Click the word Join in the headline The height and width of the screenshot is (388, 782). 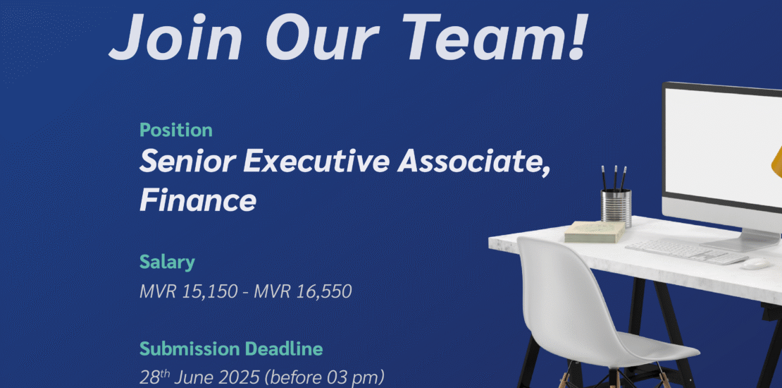tap(175, 35)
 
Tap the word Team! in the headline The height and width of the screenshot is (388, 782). tap(509, 35)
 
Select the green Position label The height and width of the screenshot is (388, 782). tap(176, 130)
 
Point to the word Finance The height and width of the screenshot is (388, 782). tap(198, 201)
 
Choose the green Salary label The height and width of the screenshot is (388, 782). tap(167, 262)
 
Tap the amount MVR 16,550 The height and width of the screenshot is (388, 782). tap(303, 291)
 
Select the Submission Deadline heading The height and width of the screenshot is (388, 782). tap(231, 348)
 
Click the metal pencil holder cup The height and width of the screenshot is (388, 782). tap(616, 207)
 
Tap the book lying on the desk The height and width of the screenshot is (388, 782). tap(595, 231)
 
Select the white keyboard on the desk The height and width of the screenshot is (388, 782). tap(686, 252)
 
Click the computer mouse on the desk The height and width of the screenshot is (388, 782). tap(755, 264)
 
